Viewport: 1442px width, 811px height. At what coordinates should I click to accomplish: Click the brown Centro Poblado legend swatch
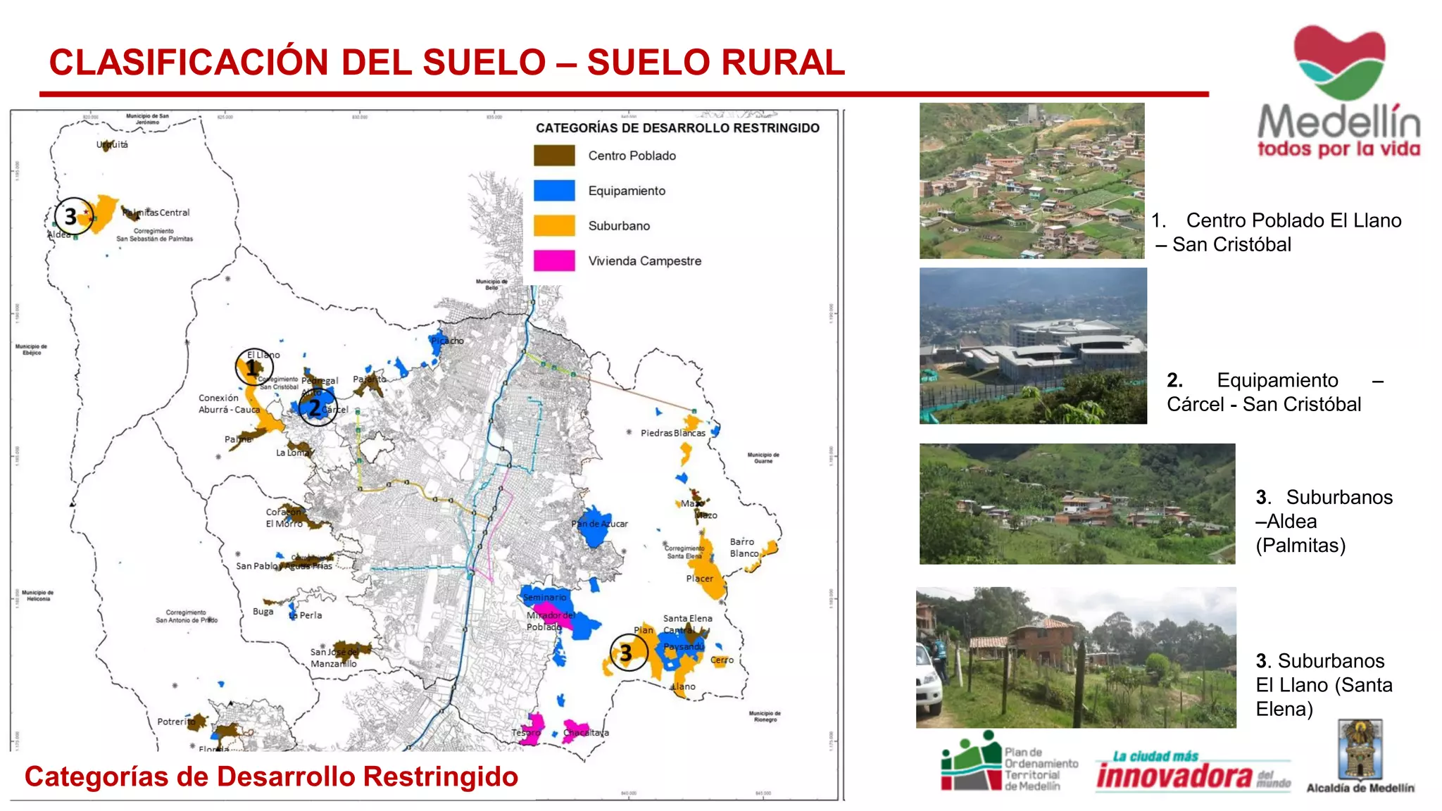554,156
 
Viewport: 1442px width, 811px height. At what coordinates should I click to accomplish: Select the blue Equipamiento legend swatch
554,191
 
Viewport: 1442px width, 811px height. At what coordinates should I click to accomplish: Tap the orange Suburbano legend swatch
554,225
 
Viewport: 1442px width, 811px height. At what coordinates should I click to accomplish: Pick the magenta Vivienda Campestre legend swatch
554,260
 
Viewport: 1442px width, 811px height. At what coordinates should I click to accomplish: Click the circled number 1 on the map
251,367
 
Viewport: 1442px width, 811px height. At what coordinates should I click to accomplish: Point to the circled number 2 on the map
315,408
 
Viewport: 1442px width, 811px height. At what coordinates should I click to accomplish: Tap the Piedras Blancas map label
672,433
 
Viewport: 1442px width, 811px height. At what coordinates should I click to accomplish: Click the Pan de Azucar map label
599,524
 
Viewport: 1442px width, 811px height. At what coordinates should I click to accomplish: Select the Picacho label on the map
448,341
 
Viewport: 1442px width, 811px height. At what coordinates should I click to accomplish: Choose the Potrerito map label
176,722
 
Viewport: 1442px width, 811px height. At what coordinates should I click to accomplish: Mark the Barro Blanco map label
744,548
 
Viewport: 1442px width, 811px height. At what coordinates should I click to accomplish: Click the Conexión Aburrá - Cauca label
229,403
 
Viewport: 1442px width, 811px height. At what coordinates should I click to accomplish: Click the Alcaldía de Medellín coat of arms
1360,750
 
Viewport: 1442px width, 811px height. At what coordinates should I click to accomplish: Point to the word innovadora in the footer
1174,776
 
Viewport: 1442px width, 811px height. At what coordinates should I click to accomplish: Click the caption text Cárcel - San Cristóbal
1263,404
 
